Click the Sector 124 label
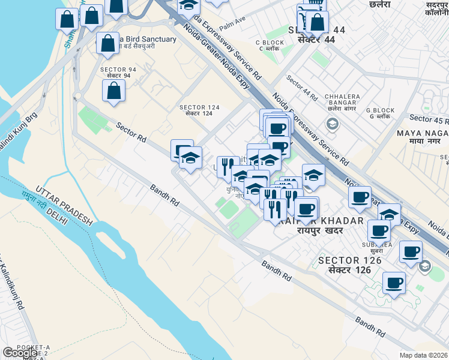(x=199, y=110)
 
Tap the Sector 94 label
(x=118, y=73)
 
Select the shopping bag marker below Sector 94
(x=113, y=91)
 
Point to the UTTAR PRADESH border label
(x=64, y=204)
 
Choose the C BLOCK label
(x=270, y=43)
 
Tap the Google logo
(x=20, y=353)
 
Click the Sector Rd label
(x=131, y=133)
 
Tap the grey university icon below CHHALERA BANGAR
(x=331, y=124)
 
